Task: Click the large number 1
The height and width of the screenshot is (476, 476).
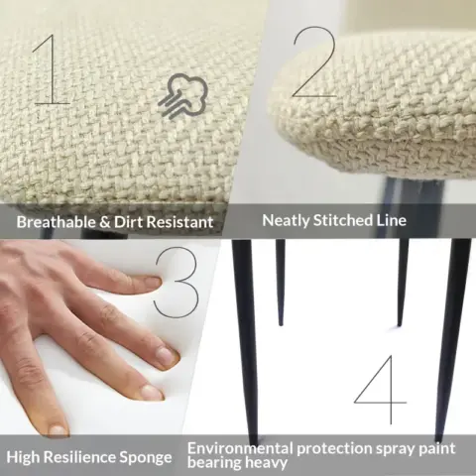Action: point(53,69)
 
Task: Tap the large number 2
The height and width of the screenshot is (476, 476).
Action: point(314,62)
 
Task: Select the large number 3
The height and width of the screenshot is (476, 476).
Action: point(178,282)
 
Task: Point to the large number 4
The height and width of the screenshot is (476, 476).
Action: point(380,390)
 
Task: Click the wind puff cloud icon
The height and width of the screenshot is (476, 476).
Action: point(182,95)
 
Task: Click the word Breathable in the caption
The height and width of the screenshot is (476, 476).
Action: point(56,222)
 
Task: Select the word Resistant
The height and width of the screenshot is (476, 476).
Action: point(179,222)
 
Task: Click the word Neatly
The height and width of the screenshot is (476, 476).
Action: point(286,221)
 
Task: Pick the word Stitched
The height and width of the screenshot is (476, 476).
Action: point(342,220)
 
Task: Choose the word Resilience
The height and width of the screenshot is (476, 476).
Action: point(79,457)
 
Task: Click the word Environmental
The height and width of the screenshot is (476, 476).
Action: point(240,448)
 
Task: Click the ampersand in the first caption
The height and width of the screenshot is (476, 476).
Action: point(105,222)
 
